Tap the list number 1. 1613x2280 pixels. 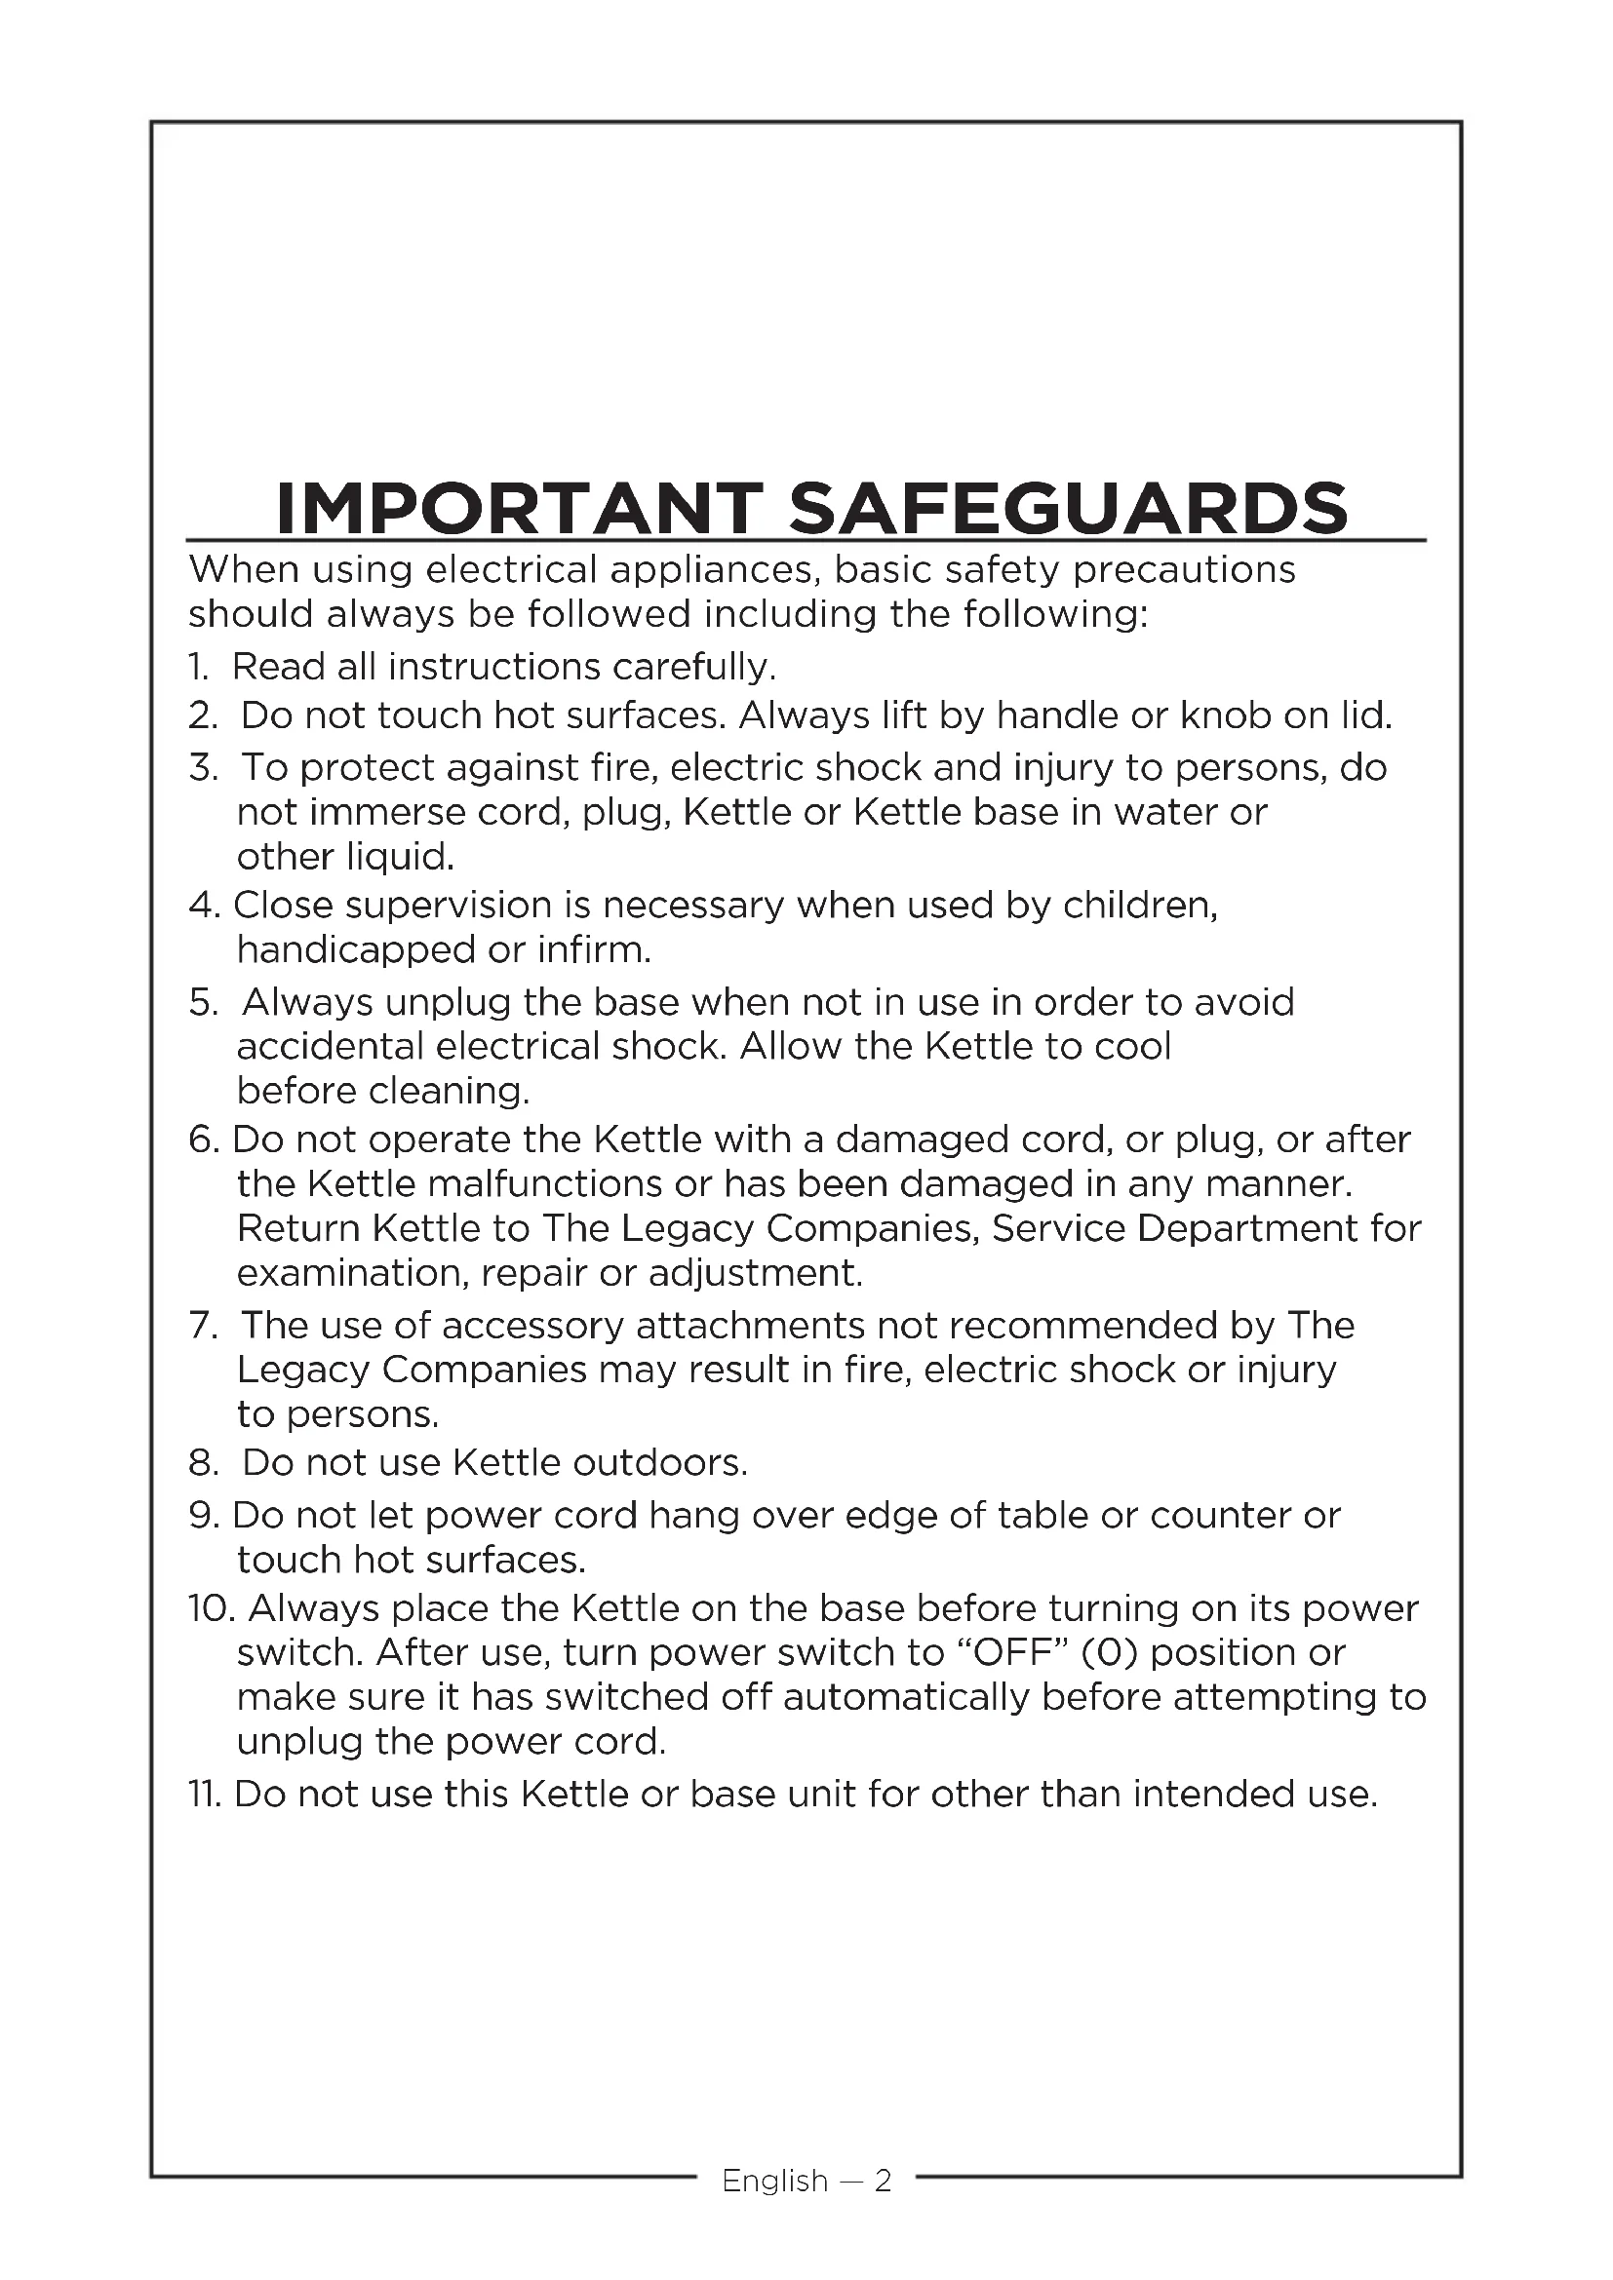198,667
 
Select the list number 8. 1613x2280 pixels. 201,1463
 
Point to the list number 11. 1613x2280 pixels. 207,1794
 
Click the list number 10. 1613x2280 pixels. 210,1607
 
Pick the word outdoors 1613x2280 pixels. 659,1463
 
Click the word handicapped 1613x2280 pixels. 356,950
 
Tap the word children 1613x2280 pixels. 1139,905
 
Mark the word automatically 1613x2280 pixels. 906,1697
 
